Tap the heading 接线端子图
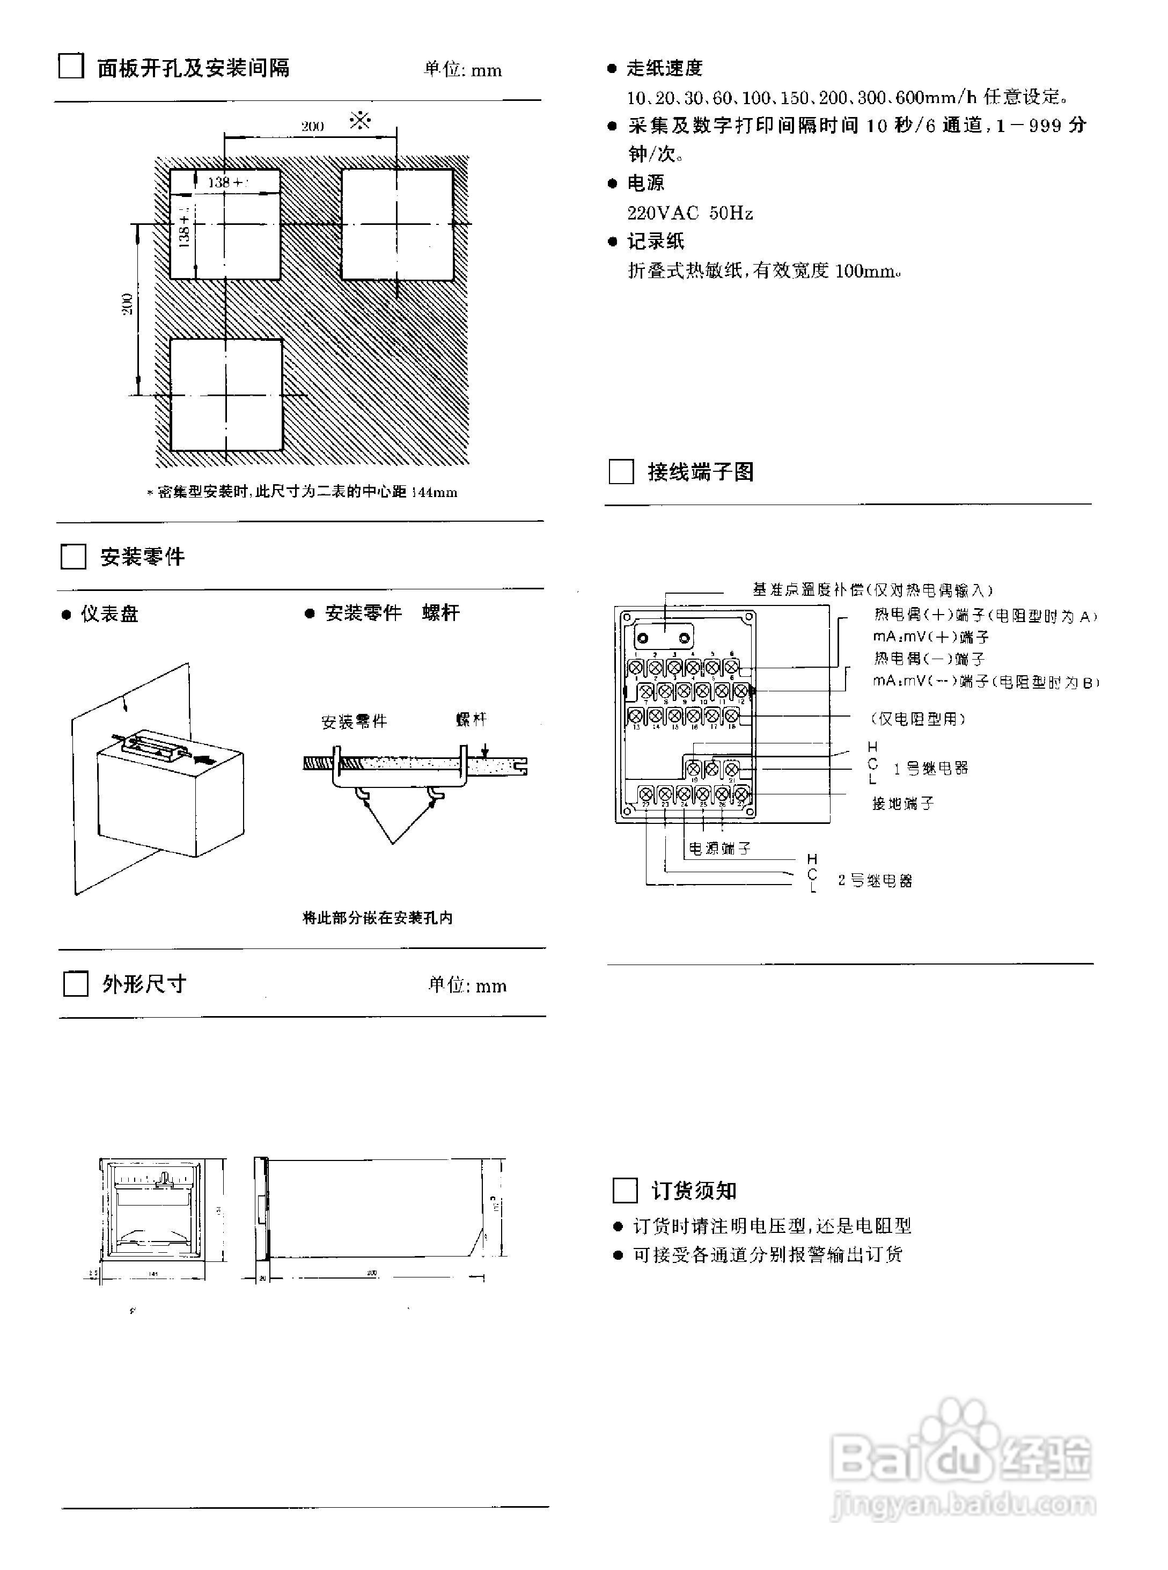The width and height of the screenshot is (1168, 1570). (701, 472)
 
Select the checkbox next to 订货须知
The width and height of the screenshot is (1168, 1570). (625, 1190)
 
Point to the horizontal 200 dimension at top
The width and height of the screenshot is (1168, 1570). (312, 127)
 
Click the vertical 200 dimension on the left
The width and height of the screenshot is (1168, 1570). (127, 304)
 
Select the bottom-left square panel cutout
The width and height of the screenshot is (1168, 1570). (226, 395)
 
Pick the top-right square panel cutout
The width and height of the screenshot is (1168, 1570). (398, 224)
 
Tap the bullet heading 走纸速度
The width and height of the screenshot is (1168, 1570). (664, 68)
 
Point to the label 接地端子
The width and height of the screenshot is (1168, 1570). (903, 804)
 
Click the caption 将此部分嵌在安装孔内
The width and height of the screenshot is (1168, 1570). (378, 918)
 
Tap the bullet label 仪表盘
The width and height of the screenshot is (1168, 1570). (109, 613)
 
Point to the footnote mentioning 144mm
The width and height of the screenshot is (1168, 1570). (303, 492)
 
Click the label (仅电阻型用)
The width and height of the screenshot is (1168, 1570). (917, 719)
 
